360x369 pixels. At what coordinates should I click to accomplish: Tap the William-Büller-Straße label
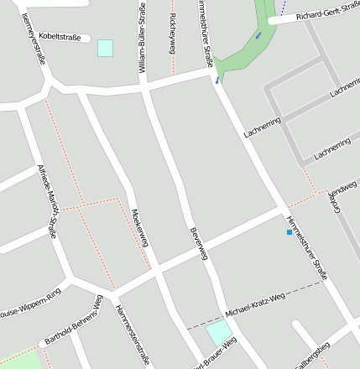click(142, 38)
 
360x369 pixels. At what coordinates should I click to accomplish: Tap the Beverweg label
click(198, 244)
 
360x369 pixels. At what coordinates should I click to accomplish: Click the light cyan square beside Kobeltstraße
click(105, 48)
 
